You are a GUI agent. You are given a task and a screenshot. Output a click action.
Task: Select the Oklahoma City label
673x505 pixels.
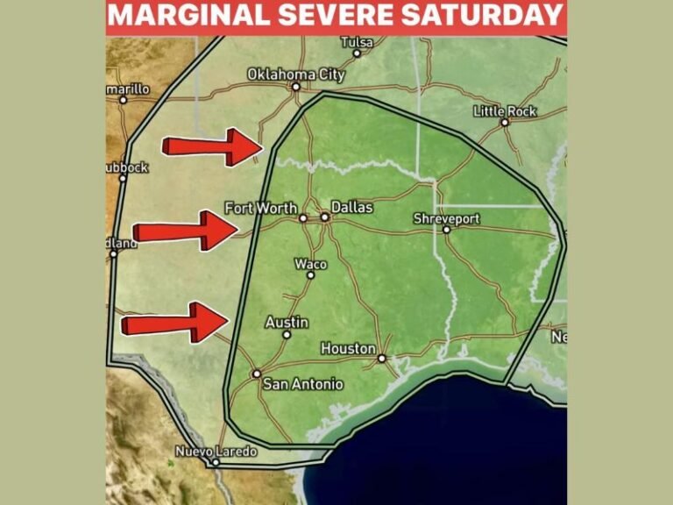pyautogui.click(x=296, y=75)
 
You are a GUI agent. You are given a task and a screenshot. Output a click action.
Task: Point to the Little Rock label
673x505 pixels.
pyautogui.click(x=505, y=111)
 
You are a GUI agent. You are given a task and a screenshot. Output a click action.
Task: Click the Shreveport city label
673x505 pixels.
pyautogui.click(x=447, y=218)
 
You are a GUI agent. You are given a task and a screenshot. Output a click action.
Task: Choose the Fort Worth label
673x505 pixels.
pyautogui.click(x=260, y=209)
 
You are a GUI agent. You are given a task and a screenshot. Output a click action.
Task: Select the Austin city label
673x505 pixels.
pyautogui.click(x=287, y=323)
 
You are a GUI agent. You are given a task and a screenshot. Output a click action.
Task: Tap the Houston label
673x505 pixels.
pyautogui.click(x=348, y=348)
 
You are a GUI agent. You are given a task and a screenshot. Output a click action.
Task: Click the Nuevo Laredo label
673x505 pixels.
pyautogui.click(x=216, y=452)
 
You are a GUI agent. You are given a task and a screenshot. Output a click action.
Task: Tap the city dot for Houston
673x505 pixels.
pyautogui.click(x=382, y=358)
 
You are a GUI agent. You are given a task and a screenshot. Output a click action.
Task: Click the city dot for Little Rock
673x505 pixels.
pyautogui.click(x=505, y=123)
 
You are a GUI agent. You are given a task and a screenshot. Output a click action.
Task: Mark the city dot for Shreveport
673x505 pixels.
pyautogui.click(x=446, y=230)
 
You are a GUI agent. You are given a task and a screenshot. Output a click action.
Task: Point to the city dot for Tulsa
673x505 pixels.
pyautogui.click(x=357, y=53)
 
